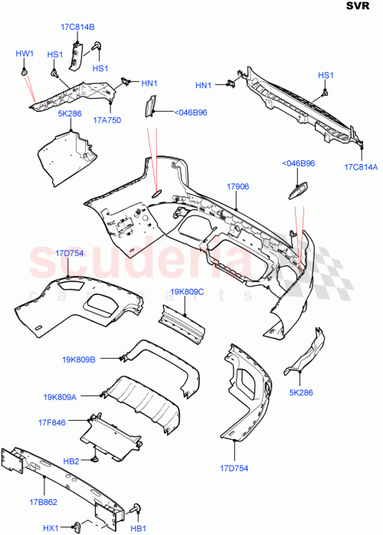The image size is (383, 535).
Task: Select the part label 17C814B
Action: (77, 28)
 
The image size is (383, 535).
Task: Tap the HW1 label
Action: (25, 54)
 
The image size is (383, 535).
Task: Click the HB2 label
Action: (71, 461)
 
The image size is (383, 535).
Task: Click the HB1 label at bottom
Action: (139, 528)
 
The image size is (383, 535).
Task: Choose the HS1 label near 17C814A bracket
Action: (326, 74)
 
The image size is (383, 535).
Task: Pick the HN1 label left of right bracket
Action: (204, 86)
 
